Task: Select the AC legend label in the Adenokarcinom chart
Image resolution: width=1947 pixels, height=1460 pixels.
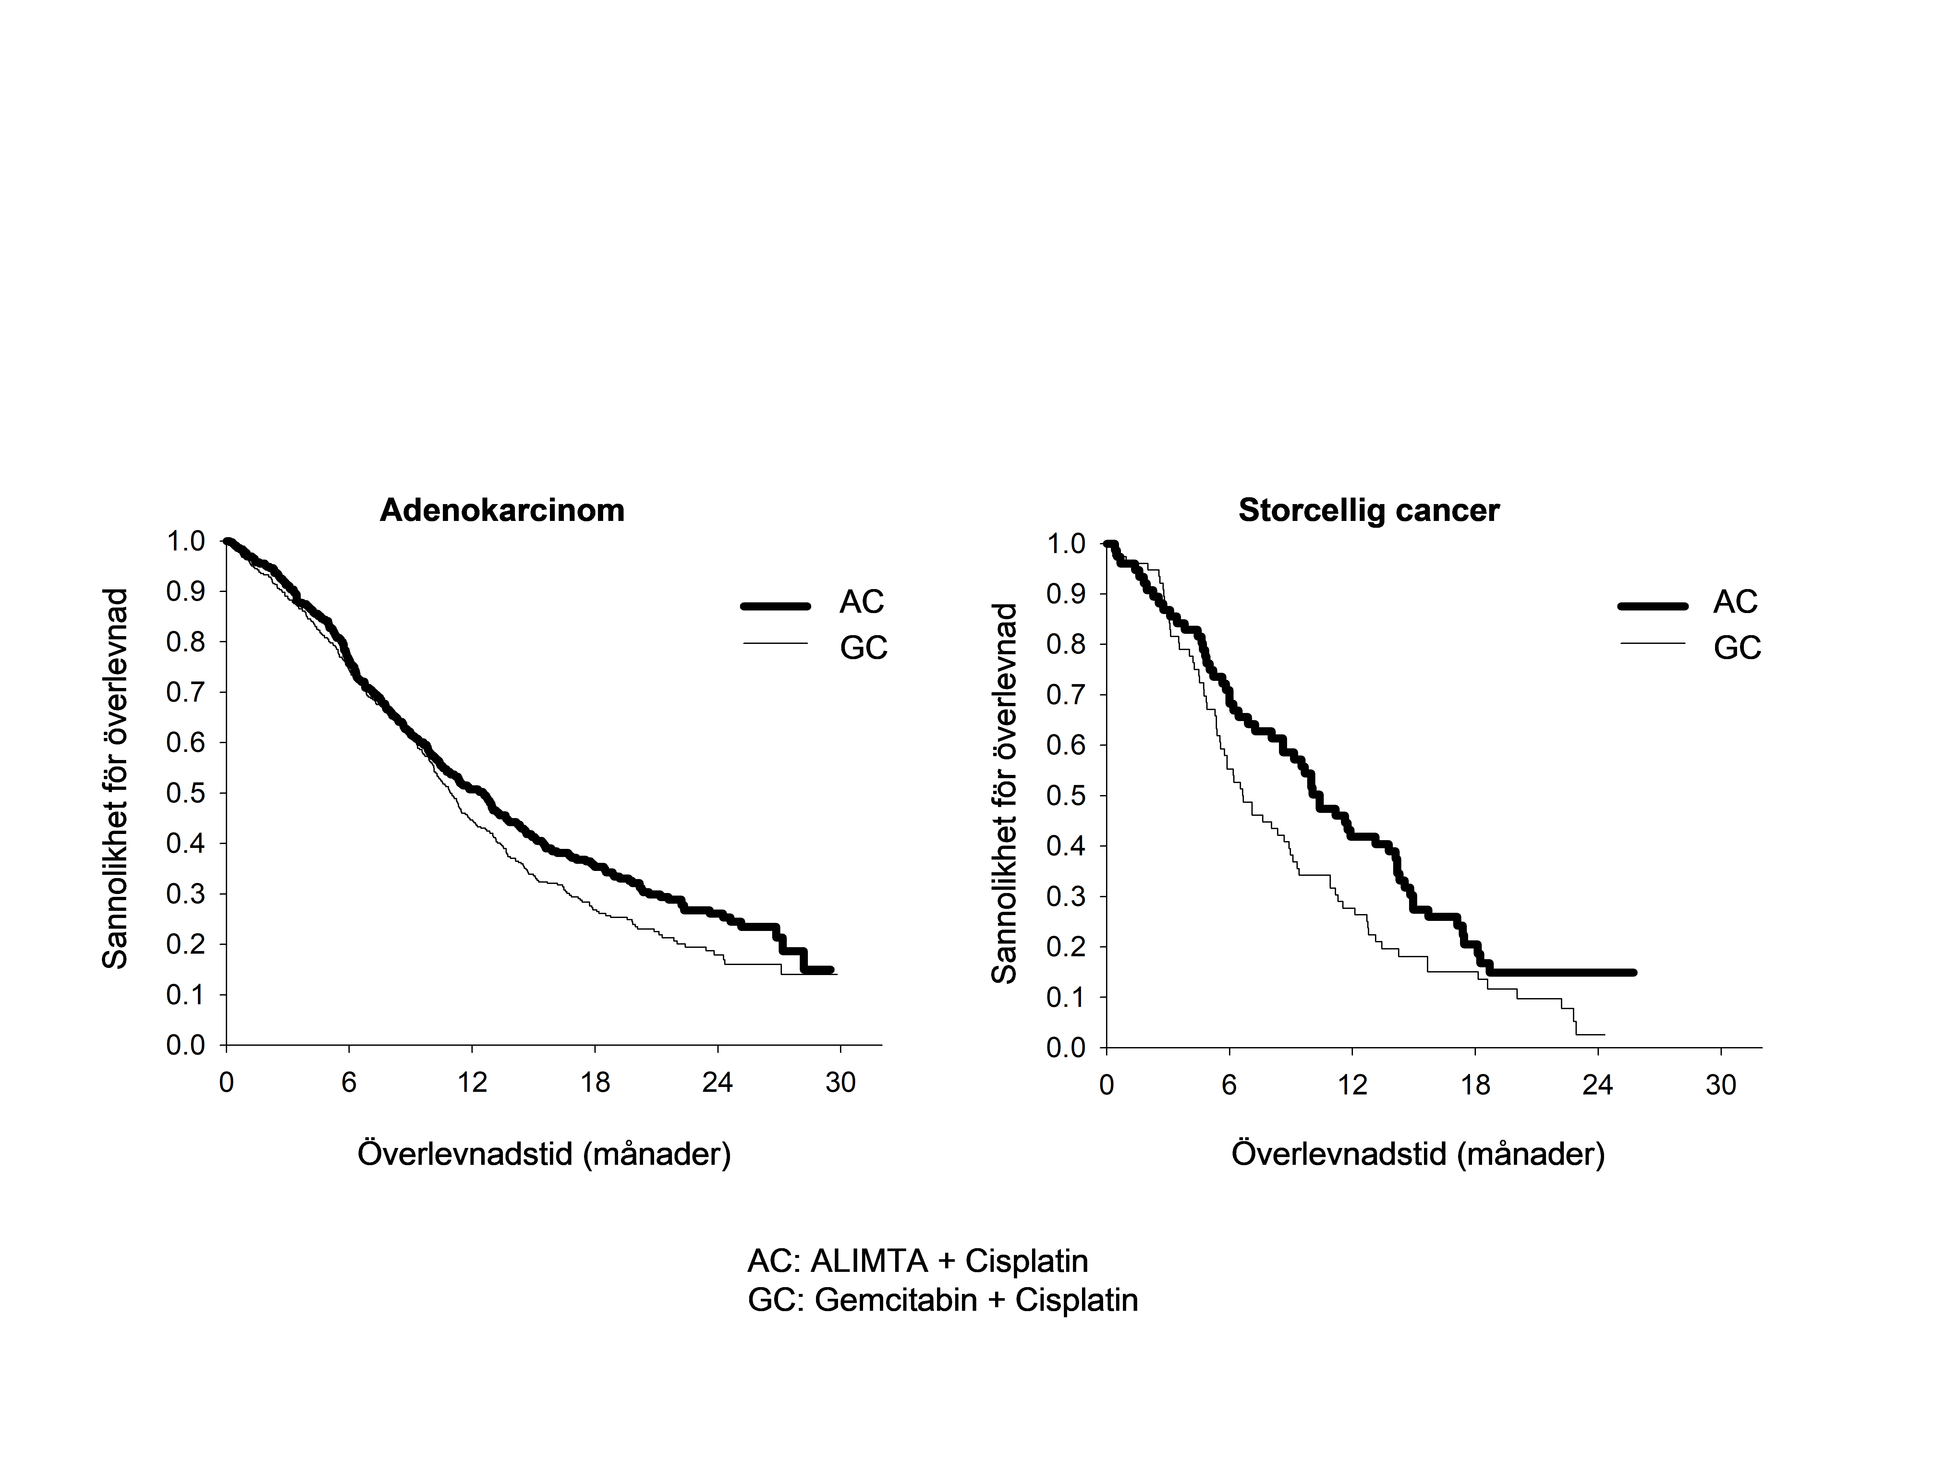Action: [861, 602]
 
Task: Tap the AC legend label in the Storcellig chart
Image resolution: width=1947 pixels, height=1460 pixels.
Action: [1735, 602]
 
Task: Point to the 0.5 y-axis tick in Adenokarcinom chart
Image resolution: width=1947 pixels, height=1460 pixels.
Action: [186, 793]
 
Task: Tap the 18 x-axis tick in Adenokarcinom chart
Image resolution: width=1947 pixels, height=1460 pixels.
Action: [595, 1082]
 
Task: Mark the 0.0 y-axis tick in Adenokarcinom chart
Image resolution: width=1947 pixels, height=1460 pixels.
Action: [186, 1045]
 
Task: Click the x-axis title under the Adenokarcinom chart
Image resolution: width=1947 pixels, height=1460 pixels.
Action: [544, 1154]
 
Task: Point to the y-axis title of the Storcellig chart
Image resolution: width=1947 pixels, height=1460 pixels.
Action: [1004, 794]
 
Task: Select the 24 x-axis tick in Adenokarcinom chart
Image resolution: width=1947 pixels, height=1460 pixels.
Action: [717, 1082]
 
